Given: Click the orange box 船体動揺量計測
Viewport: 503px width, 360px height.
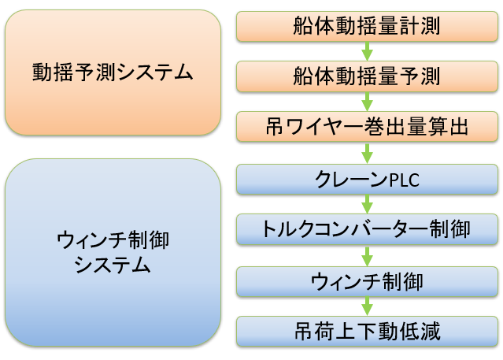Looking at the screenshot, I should (367, 25).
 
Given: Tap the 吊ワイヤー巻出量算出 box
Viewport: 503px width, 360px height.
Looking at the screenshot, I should (367, 125).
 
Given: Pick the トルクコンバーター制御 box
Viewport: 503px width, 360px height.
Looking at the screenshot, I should (367, 229).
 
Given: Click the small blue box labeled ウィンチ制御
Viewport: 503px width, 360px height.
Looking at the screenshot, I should (367, 280).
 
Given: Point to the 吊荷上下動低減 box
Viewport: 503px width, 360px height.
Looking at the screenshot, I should (367, 330).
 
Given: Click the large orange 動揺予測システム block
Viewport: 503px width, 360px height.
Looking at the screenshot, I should (113, 73).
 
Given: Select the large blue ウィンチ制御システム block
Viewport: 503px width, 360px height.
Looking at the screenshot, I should (113, 252).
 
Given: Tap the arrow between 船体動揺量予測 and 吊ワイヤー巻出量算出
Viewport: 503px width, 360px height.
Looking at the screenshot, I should (367, 101).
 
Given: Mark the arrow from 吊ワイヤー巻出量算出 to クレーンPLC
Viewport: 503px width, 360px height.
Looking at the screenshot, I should (367, 153).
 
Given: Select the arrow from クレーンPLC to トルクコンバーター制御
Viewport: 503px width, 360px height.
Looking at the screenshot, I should (367, 205).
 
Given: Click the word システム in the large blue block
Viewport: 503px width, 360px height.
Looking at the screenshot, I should (112, 265).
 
